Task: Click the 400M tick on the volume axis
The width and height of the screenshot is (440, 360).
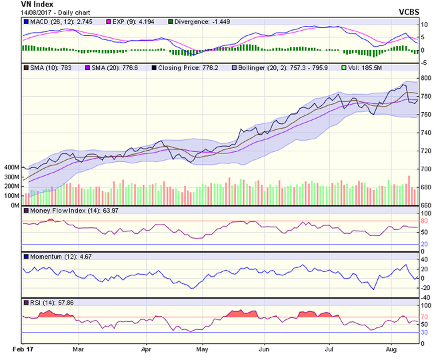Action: click(x=11, y=167)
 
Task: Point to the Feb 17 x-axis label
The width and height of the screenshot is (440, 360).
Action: click(x=23, y=349)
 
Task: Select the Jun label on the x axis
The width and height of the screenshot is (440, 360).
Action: click(x=265, y=349)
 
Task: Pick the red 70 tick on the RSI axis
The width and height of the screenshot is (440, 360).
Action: click(x=425, y=316)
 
